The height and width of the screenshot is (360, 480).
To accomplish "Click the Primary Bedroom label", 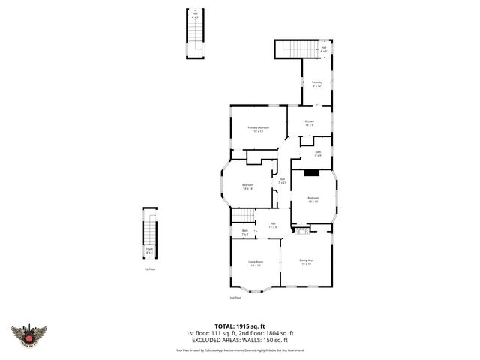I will coord(258,129).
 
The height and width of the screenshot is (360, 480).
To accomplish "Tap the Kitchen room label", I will coord(309,123).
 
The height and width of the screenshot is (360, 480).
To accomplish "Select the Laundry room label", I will coord(316,85).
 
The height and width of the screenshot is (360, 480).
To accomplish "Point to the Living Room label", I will coord(256,263).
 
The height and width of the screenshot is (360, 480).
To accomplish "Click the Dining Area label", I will coord(307,262).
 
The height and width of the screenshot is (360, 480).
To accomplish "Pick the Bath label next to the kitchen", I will coord(318,154).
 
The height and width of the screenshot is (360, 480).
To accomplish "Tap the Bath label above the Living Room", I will coord(244,232).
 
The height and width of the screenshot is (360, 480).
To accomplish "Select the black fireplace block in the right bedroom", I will coord(310,173).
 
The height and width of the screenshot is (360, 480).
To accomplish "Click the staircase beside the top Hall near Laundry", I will coord(298,49).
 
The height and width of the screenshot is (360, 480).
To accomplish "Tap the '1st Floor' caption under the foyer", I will coord(151,268).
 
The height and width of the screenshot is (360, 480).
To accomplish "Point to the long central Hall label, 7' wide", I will coord(283,181).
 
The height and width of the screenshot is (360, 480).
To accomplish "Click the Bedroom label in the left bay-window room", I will coord(247,187).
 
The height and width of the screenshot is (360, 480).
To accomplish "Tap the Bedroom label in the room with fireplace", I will coord(312,199).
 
